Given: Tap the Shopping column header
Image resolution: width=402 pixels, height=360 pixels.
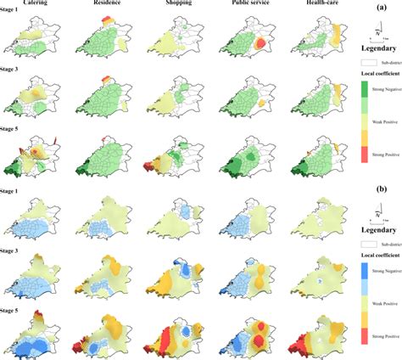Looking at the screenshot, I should pyautogui.click(x=170, y=5).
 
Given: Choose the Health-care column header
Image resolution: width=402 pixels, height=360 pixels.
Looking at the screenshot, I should pyautogui.click(x=310, y=5).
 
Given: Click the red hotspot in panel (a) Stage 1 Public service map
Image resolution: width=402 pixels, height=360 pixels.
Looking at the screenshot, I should pyautogui.click(x=264, y=44).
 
